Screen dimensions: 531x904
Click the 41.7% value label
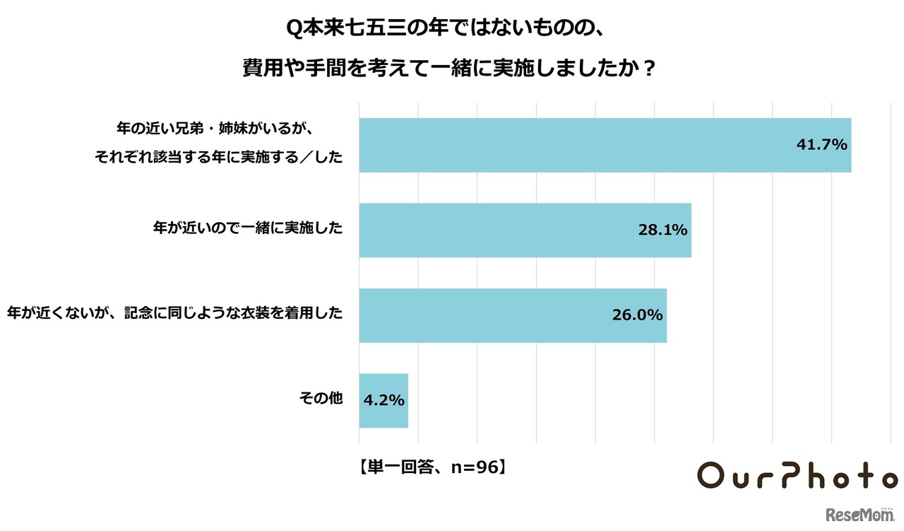(x=821, y=146)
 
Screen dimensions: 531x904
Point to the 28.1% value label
(x=662, y=231)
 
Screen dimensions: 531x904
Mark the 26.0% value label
(x=637, y=315)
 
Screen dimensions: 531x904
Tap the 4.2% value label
(x=383, y=400)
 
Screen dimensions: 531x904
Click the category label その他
(x=321, y=399)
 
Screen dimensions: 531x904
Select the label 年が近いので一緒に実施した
(x=248, y=228)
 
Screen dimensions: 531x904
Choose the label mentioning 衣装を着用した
(x=175, y=313)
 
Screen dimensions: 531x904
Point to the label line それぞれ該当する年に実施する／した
(x=218, y=159)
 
